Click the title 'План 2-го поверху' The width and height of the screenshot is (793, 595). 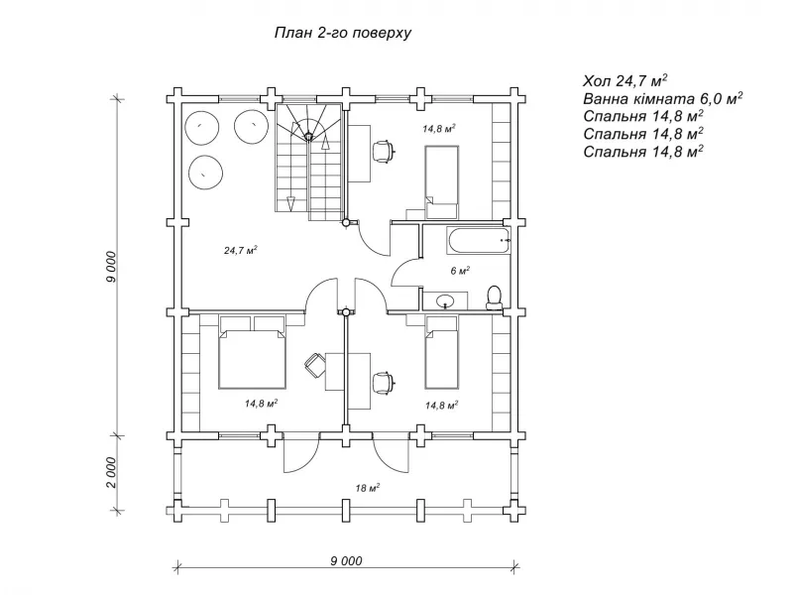click(343, 34)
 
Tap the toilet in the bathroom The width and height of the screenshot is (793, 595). click(494, 297)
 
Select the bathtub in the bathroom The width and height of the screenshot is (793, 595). click(479, 241)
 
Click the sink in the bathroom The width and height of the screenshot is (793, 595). click(445, 300)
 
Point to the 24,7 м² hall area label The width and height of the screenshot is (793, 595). click(241, 250)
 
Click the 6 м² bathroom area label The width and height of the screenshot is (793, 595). click(460, 271)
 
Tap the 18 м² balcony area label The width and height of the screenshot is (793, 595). click(367, 488)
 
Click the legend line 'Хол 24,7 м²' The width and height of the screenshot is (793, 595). click(625, 80)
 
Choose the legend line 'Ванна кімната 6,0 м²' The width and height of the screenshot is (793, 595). click(662, 98)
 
